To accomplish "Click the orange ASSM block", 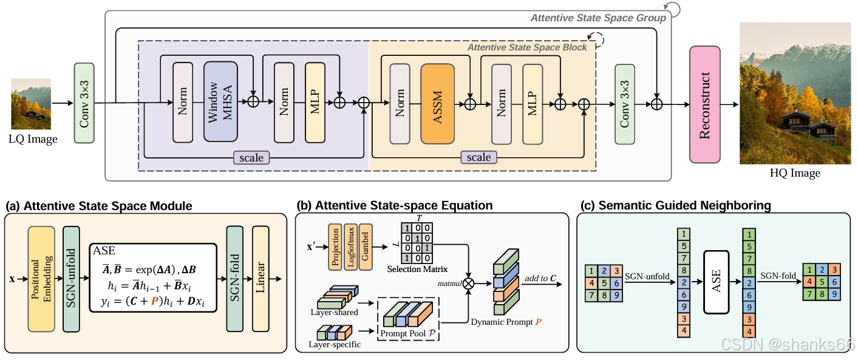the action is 437,104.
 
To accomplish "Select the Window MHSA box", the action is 220,102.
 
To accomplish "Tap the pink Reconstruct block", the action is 705,104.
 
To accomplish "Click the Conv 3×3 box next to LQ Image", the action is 84,103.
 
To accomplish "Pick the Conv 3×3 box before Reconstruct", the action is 625,104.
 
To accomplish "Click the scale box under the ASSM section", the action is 479,157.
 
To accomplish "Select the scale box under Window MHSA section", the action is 251,157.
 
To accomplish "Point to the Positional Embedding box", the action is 41,279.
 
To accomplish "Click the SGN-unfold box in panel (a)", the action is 71,279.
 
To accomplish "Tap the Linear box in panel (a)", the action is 260,279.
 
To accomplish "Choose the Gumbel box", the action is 366,247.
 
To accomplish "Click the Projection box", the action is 335,247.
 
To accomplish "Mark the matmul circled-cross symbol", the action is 468,284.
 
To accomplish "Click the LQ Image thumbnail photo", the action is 31,104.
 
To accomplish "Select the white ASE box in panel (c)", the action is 716,282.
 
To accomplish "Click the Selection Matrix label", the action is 417,269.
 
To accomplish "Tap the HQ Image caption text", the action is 795,173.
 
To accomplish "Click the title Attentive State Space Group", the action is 598,18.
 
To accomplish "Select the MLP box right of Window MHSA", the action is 315,103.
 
